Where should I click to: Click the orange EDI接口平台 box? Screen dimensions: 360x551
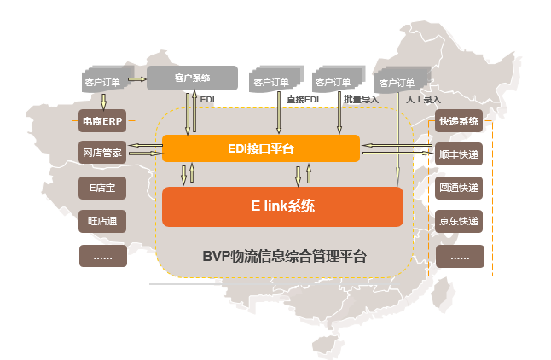(260, 148)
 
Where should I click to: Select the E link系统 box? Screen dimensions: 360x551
(282, 206)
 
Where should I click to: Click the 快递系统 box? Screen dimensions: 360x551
(460, 122)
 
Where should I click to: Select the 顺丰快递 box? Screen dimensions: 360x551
(460, 155)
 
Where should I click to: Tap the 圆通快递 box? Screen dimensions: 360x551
(460, 188)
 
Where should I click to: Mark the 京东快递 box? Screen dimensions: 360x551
(460, 221)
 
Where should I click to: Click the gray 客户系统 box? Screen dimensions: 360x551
(192, 78)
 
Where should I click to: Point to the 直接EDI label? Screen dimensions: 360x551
(303, 100)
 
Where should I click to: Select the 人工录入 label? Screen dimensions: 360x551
(423, 100)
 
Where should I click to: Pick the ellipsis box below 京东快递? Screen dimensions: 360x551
(460, 256)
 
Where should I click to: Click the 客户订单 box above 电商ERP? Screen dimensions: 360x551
(103, 82)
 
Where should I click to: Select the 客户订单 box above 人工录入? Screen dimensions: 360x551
(397, 82)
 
